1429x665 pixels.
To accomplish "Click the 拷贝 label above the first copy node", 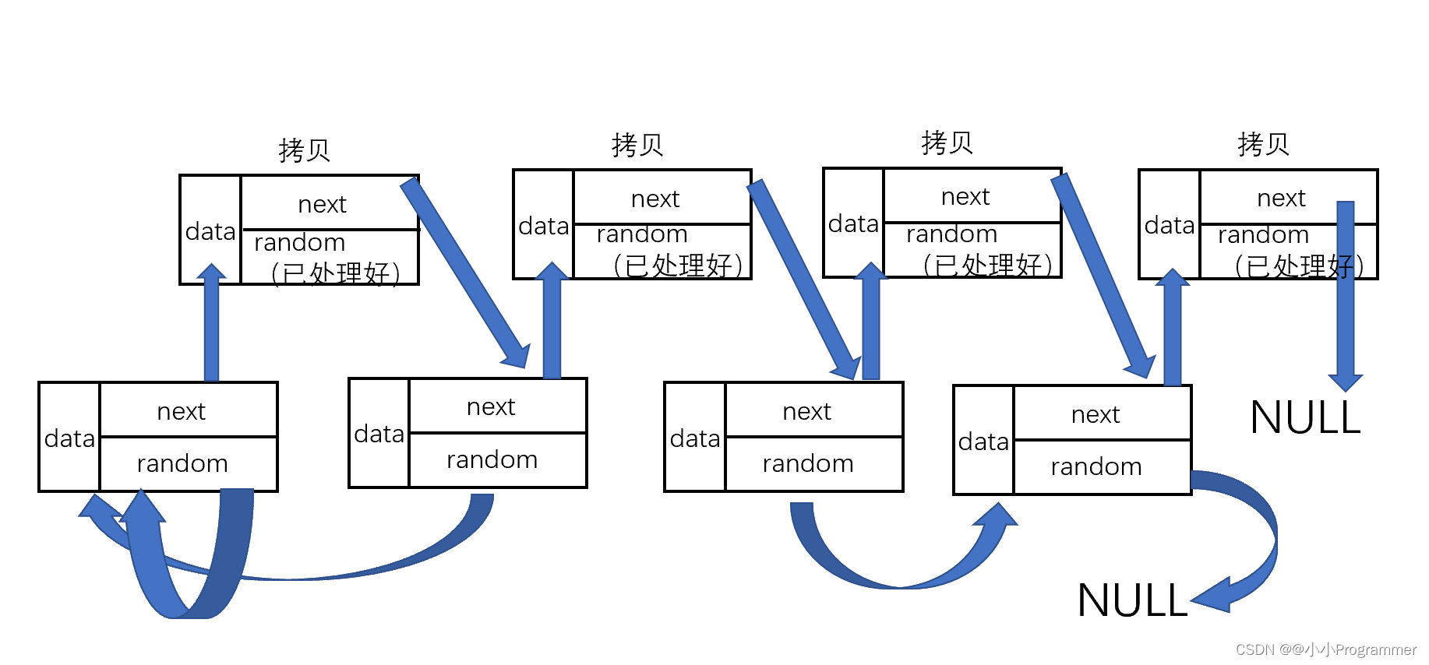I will [x=305, y=150].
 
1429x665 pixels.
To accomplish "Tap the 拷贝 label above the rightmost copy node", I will [x=1263, y=144].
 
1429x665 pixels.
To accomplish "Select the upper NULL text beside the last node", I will [x=1305, y=417].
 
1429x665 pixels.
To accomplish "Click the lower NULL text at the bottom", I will [x=1131, y=600].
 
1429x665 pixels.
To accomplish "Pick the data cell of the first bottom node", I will [x=69, y=438].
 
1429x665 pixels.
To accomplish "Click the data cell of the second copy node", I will [x=543, y=226].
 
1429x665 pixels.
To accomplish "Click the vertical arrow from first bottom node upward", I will [x=211, y=327].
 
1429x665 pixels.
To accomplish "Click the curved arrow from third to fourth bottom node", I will [x=896, y=576].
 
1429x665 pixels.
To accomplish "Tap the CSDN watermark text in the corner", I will [x=1325, y=649].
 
